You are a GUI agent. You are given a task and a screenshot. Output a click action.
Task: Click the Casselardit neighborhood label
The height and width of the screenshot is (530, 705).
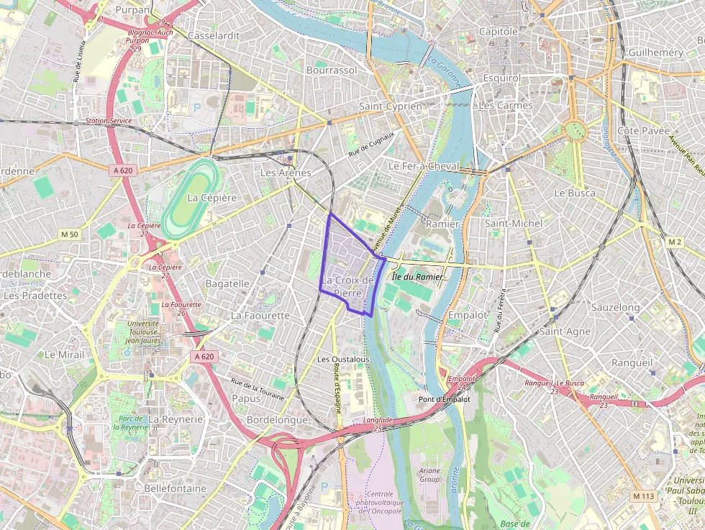[x=212, y=35]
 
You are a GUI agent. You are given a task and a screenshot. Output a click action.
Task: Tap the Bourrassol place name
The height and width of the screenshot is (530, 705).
[x=332, y=70]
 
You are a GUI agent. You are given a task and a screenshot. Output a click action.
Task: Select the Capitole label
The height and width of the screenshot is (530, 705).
[x=499, y=32]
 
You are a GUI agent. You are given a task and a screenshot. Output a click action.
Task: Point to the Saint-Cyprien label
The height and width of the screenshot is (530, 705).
[x=391, y=106]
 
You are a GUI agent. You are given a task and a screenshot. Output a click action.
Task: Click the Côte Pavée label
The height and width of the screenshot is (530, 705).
[x=643, y=131]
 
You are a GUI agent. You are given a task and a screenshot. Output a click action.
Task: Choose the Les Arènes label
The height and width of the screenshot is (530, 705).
[x=286, y=173]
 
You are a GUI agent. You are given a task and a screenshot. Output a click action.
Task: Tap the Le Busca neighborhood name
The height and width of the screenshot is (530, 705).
[x=574, y=193]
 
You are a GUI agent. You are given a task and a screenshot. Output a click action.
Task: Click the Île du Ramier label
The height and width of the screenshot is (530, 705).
[x=417, y=276]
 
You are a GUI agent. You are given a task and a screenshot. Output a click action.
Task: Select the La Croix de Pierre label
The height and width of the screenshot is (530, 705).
[x=348, y=286]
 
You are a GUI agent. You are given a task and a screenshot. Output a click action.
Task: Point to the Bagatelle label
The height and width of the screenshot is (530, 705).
[x=227, y=283]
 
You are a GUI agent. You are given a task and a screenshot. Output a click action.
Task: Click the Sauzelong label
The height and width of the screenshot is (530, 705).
[x=615, y=307]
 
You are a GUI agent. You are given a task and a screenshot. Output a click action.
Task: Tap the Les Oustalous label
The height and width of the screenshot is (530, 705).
[x=343, y=359]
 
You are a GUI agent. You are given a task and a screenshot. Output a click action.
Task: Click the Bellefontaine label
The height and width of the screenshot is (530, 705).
[x=176, y=488]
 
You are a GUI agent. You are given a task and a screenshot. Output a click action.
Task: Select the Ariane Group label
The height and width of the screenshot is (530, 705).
[x=429, y=475]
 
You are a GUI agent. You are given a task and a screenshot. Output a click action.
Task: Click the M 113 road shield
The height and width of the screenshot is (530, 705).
[x=645, y=496]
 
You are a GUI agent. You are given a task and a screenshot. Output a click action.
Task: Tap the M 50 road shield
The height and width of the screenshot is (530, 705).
[x=70, y=234]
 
